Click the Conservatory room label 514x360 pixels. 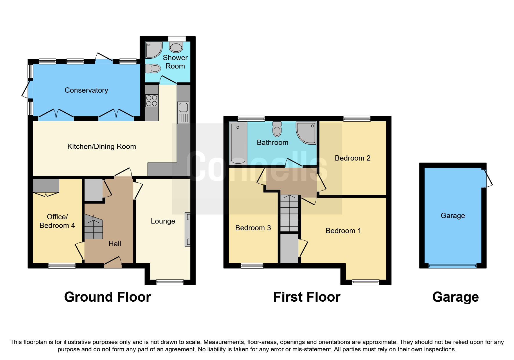86,90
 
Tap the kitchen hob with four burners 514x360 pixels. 152,101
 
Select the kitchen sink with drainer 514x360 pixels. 183,112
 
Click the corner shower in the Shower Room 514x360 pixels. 154,50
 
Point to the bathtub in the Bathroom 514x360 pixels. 238,143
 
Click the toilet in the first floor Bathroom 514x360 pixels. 277,129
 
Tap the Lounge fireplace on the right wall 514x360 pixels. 188,229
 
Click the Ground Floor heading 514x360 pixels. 107,297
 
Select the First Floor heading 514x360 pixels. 306,297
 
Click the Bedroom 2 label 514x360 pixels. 352,158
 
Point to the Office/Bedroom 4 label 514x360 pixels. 57,221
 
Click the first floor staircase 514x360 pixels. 289,213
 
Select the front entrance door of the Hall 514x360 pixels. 113,262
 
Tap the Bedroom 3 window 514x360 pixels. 252,265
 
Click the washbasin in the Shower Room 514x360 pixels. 176,47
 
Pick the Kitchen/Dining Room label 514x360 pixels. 102,147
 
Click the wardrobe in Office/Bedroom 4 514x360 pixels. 46,186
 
